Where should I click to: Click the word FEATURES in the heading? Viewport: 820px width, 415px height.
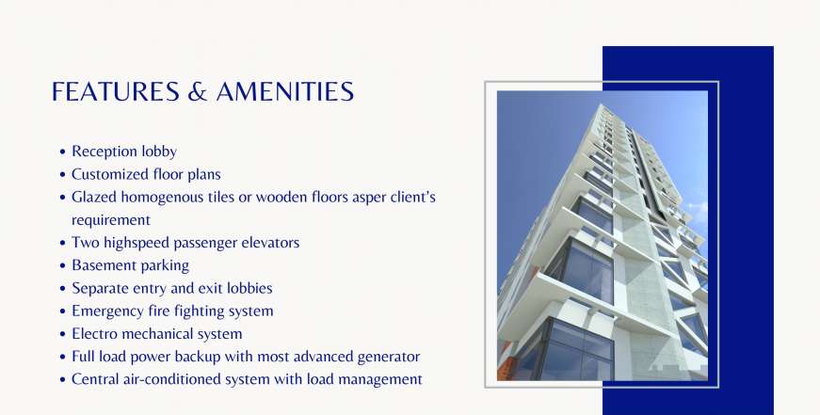click(x=116, y=91)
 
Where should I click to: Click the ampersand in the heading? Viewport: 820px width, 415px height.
click(x=197, y=91)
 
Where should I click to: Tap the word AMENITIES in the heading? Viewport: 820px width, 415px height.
click(x=285, y=91)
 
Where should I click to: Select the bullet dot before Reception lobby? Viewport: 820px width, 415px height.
click(x=63, y=152)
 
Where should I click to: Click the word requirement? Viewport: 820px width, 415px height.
click(x=111, y=220)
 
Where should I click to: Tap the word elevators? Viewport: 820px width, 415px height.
click(x=270, y=243)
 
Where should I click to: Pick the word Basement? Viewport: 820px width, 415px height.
click(x=98, y=265)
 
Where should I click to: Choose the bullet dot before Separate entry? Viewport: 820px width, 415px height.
click(x=63, y=289)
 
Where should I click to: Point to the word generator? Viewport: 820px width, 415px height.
click(x=389, y=357)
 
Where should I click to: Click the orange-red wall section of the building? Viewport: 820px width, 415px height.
click(x=506, y=365)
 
